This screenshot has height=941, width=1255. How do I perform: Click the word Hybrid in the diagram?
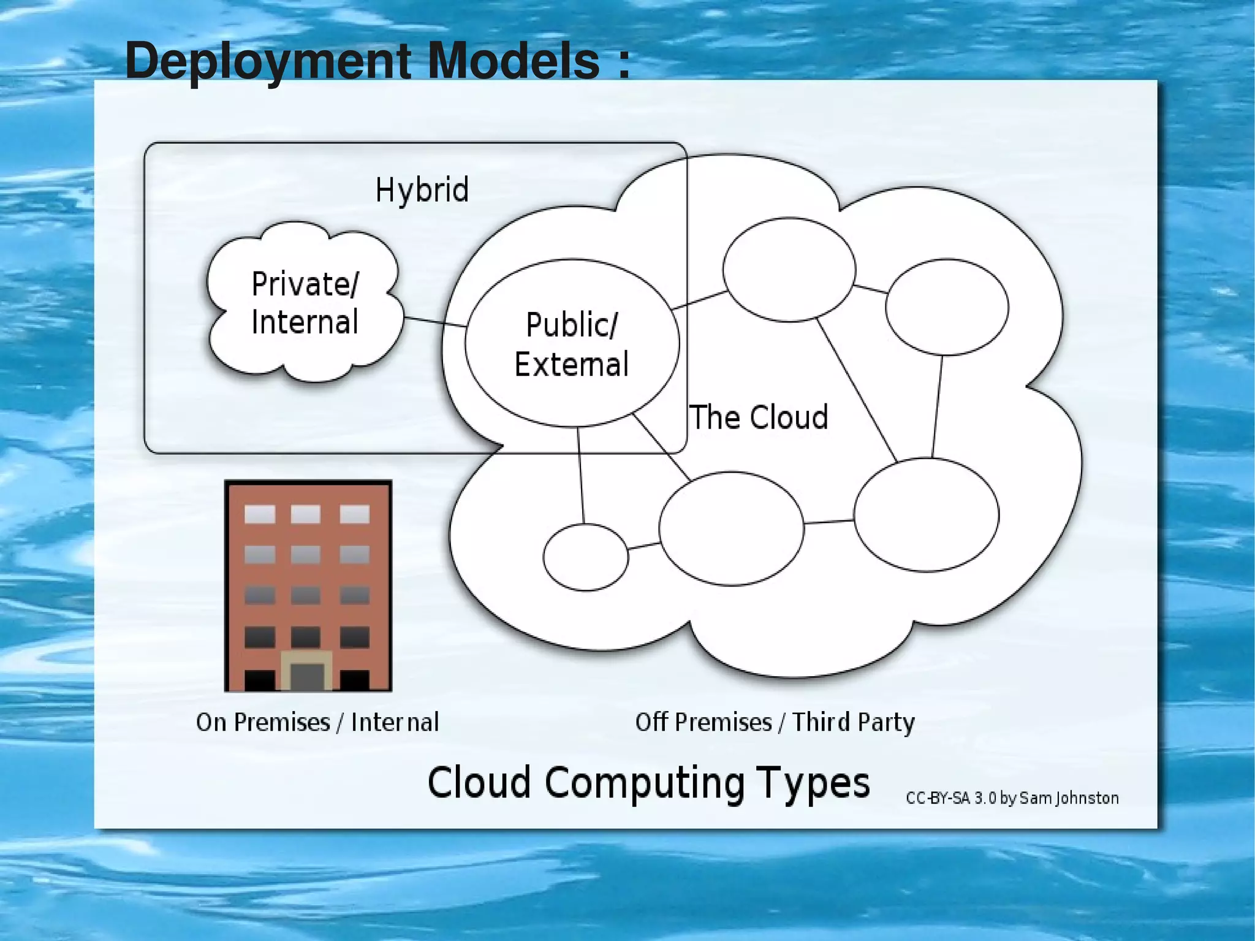(422, 189)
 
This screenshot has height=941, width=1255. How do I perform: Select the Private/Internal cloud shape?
(305, 303)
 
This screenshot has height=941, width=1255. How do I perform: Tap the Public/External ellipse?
(572, 343)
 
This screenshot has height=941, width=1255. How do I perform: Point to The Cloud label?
(759, 417)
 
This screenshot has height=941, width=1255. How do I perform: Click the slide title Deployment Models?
(376, 61)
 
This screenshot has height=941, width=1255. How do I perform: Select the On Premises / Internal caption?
(317, 722)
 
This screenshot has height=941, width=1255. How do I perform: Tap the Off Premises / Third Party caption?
(775, 722)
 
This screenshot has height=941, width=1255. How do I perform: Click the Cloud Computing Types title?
(648, 783)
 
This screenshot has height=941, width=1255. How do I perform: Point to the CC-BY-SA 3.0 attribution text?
(1012, 798)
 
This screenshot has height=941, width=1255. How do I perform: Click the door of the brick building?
(306, 676)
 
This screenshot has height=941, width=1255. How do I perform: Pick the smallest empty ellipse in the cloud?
(585, 557)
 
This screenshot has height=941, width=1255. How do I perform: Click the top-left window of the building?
(260, 514)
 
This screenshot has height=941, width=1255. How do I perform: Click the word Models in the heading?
(514, 61)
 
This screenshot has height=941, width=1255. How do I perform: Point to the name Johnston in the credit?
(1088, 798)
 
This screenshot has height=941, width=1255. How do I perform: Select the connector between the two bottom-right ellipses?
(828, 522)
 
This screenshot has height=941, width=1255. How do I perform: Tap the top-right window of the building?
(354, 514)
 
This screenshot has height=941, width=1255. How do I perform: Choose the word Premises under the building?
(282, 722)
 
